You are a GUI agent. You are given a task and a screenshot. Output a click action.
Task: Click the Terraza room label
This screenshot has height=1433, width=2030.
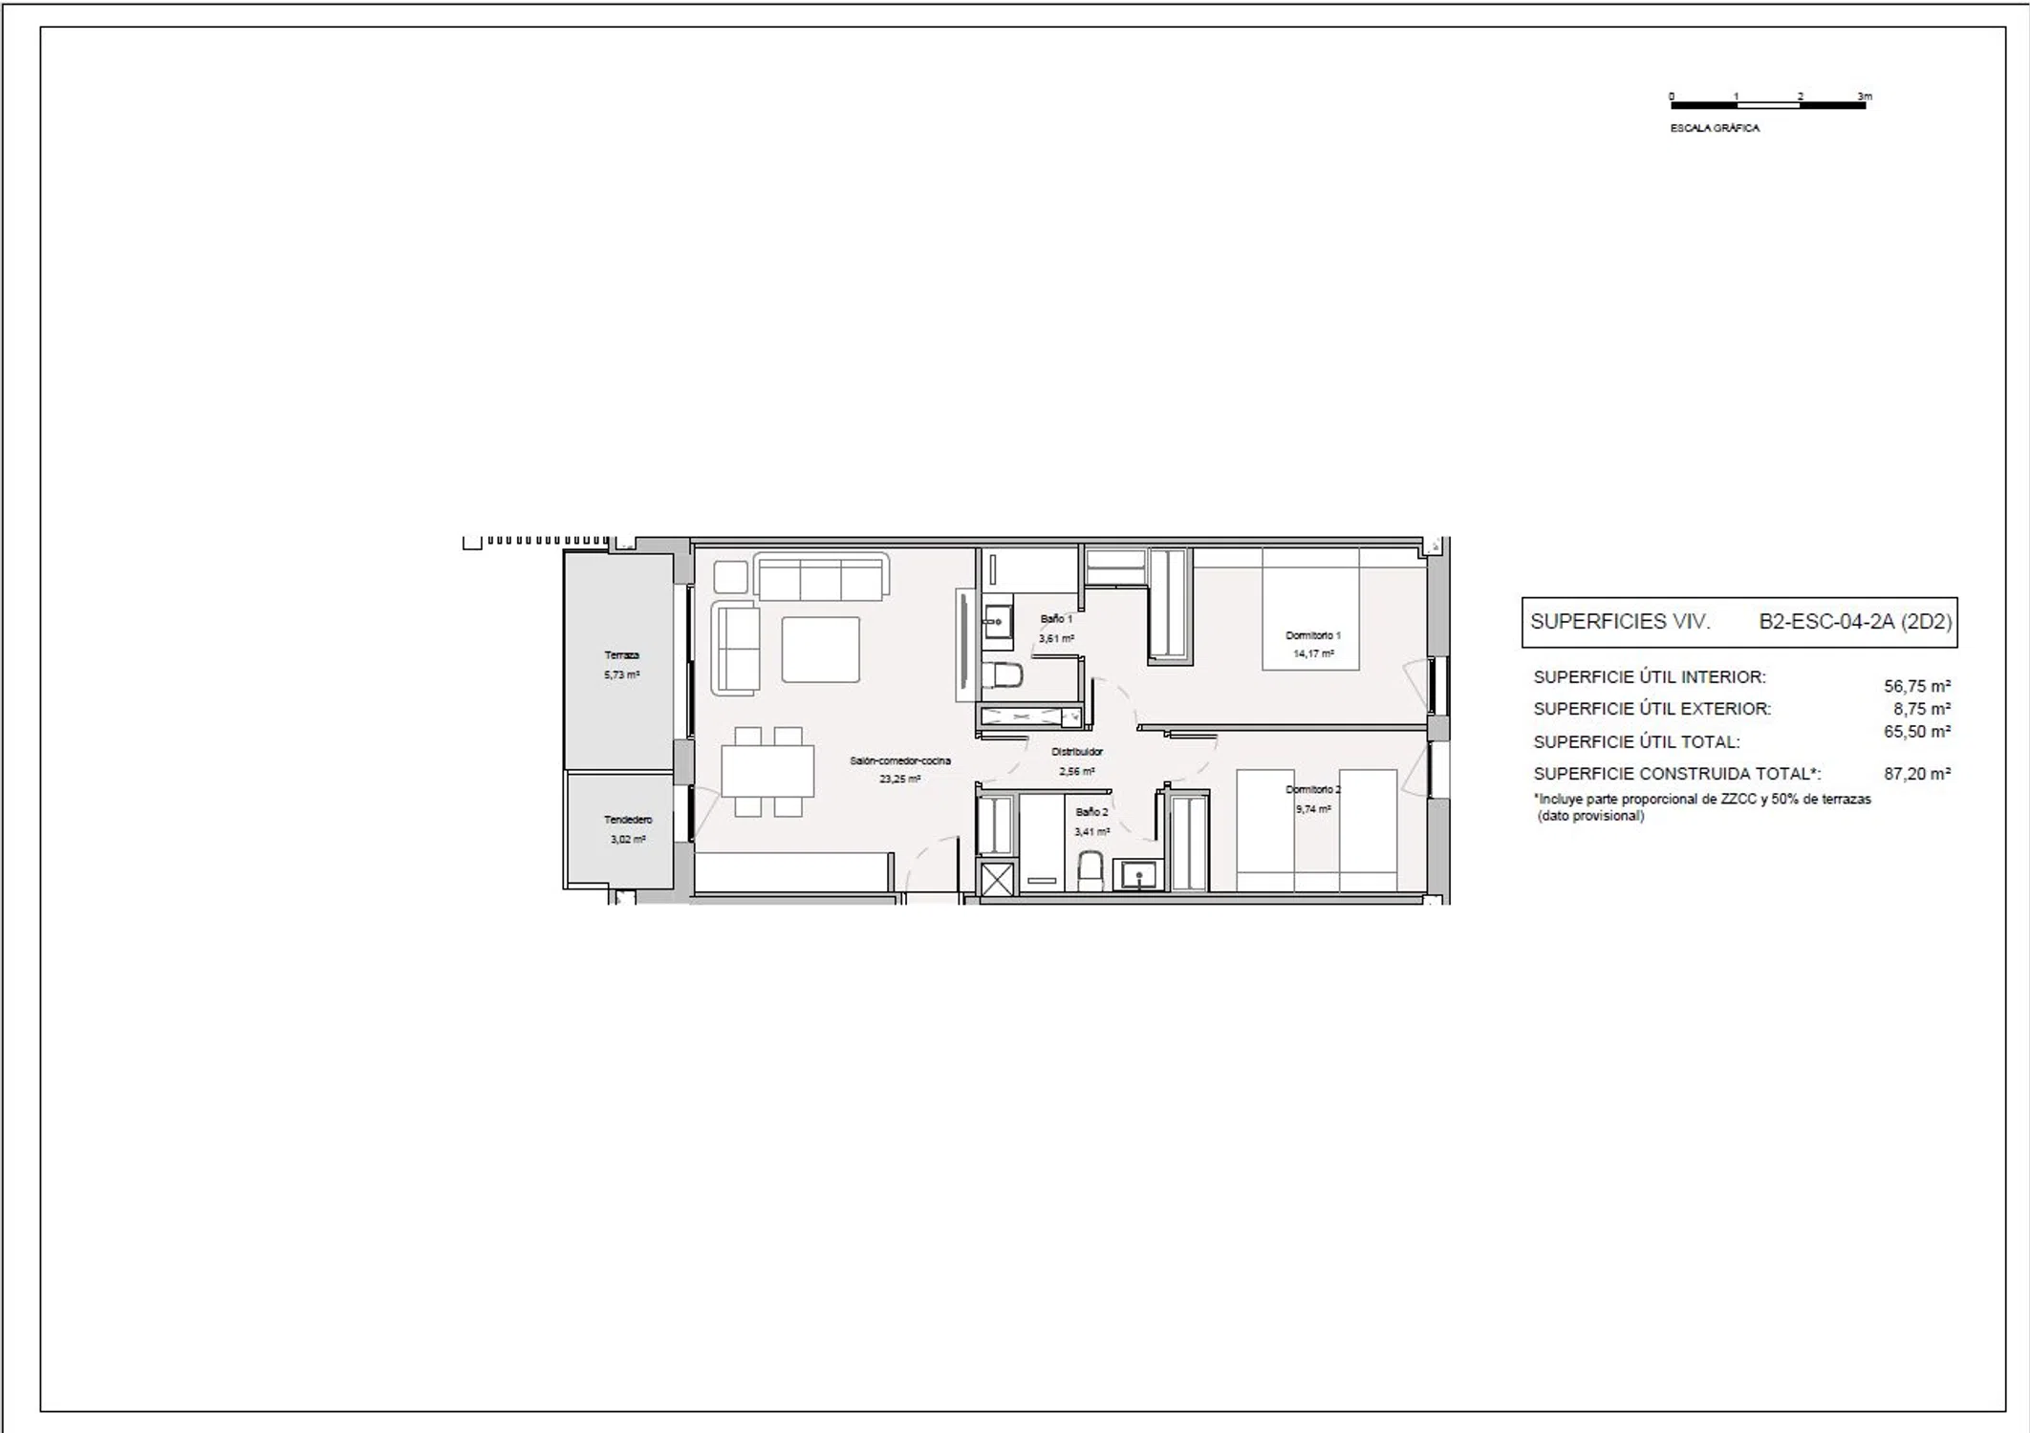[x=621, y=655]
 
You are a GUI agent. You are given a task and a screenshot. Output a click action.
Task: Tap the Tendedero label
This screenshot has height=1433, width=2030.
[x=628, y=820]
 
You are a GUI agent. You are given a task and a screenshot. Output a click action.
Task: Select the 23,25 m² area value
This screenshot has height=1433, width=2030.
[x=900, y=779]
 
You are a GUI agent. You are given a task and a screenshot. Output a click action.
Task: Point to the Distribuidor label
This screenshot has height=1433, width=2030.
[x=1077, y=752]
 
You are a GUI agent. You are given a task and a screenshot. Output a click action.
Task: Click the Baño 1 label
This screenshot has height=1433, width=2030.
[x=1056, y=619]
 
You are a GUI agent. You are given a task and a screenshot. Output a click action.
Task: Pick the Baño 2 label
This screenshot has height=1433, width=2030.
[x=1091, y=812]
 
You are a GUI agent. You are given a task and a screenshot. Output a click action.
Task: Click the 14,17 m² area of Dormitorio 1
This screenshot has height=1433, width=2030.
[x=1313, y=654]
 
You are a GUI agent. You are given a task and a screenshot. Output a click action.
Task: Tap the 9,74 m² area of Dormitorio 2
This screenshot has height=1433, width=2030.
[x=1313, y=809]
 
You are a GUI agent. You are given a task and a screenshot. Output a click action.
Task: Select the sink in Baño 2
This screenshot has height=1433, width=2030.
[x=1138, y=875]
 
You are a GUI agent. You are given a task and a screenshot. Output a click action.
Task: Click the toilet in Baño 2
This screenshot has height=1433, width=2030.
[x=1091, y=871]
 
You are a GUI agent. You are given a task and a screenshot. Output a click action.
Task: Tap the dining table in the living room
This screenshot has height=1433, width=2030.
[x=767, y=771]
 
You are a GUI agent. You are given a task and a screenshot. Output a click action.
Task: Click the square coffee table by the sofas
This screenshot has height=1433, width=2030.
[x=820, y=650]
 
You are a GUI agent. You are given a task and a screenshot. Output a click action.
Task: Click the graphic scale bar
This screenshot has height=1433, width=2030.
[x=1768, y=105]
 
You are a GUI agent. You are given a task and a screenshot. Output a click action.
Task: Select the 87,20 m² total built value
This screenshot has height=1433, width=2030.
[x=1917, y=774]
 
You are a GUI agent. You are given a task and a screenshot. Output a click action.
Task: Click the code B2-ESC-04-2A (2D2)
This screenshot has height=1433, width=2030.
[x=1855, y=622]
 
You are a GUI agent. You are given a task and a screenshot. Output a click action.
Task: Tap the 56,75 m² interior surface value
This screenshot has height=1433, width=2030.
[x=1917, y=686]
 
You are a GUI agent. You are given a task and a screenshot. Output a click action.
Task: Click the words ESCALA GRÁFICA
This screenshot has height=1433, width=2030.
[x=1715, y=128]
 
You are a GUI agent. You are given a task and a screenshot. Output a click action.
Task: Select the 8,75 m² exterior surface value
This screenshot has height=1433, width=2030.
[x=1922, y=709]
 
